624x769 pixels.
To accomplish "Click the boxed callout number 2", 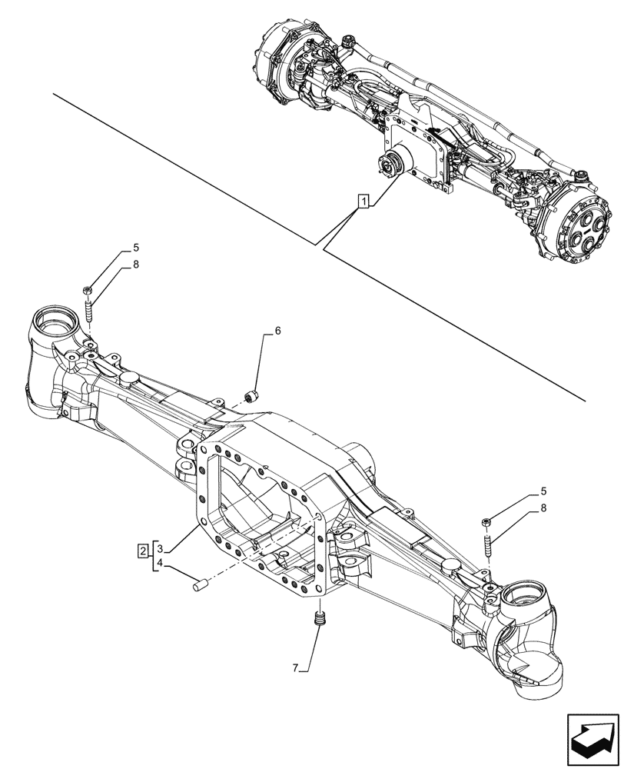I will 144,549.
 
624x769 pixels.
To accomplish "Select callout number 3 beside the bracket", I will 160,549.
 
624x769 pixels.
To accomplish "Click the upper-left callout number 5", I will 136,248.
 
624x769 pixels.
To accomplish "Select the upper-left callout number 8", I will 136,264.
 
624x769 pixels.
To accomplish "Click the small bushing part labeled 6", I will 251,396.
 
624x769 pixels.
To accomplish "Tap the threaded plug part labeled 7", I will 320,618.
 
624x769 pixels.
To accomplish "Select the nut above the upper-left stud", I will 87,291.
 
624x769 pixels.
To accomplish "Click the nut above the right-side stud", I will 486,523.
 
